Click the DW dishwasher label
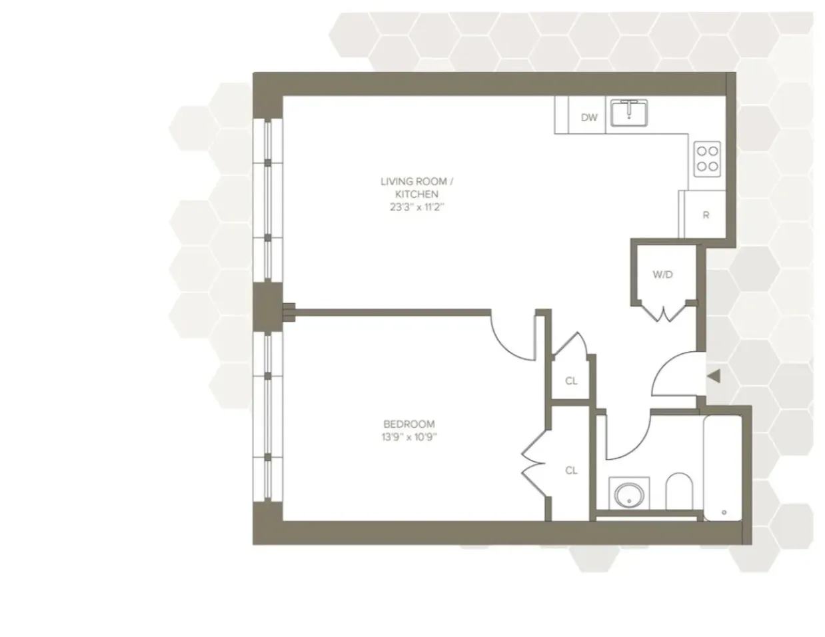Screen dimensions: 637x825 pyautogui.click(x=588, y=118)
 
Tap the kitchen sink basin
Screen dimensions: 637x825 pyautogui.click(x=629, y=114)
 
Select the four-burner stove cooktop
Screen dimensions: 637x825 pyautogui.click(x=707, y=159)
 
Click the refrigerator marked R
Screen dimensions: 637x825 pyautogui.click(x=705, y=215)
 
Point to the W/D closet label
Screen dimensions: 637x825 pyautogui.click(x=662, y=275)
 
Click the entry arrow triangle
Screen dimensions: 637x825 pyautogui.click(x=713, y=377)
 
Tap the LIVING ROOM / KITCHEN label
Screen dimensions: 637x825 pyautogui.click(x=410, y=187)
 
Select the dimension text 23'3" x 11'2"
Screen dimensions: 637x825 pyautogui.click(x=410, y=207)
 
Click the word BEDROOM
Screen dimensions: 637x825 pyautogui.click(x=409, y=424)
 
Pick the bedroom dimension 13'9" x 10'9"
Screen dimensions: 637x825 pyautogui.click(x=409, y=437)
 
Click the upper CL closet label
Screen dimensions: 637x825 pyautogui.click(x=571, y=381)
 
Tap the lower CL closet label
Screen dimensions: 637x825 pyautogui.click(x=571, y=470)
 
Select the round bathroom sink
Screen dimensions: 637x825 pyautogui.click(x=628, y=495)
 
